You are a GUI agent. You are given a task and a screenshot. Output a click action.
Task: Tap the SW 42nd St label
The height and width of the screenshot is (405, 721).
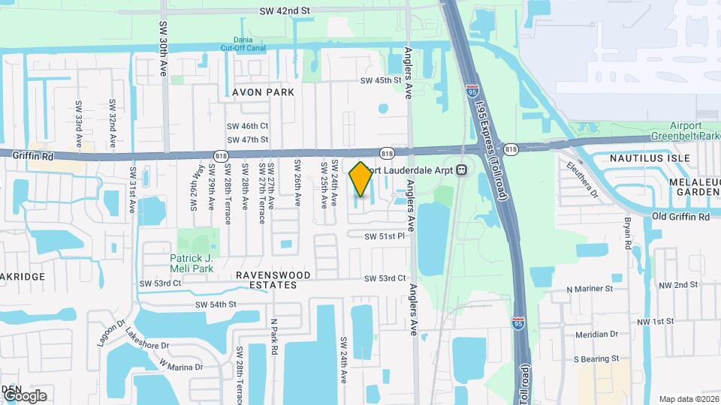pos(285,11)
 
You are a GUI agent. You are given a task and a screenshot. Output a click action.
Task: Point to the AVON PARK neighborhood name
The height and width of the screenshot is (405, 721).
pos(252,91)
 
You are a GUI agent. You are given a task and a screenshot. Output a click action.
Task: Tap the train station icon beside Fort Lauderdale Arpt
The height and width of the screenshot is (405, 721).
pos(462,169)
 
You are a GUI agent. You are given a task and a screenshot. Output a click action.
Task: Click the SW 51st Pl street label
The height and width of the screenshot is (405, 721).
pos(385,236)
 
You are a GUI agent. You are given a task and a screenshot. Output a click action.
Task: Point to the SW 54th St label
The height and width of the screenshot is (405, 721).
pos(216,304)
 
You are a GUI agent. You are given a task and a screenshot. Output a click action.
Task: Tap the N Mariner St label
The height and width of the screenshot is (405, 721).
pos(590,288)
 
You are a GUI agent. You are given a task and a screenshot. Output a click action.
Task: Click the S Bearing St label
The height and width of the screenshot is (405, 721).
pos(596,359)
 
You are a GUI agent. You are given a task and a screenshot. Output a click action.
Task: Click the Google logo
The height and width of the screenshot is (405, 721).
pos(24,395)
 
